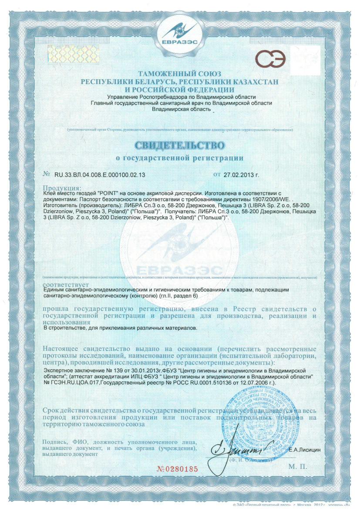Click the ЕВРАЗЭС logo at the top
[x=179, y=33]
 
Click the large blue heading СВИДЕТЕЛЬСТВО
[x=179, y=145]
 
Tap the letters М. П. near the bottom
[x=297, y=466]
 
